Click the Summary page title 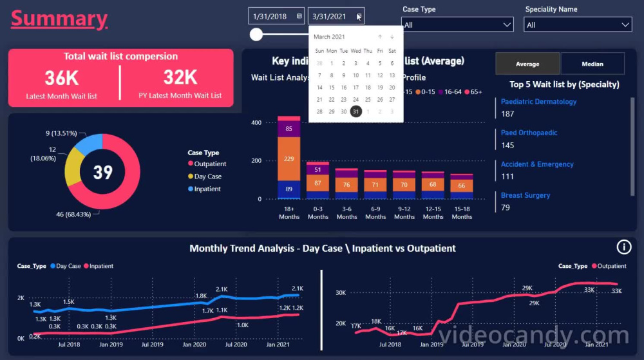pyautogui.click(x=59, y=19)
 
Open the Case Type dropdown pyautogui.click(x=457, y=25)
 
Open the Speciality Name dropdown pyautogui.click(x=578, y=25)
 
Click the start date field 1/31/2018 pyautogui.click(x=270, y=16)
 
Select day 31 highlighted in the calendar pyautogui.click(x=355, y=111)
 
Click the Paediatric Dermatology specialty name pyautogui.click(x=538, y=102)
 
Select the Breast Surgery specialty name pyautogui.click(x=526, y=195)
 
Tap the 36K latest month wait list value pyautogui.click(x=62, y=78)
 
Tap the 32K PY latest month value pyautogui.click(x=180, y=77)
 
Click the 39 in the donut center pyautogui.click(x=102, y=172)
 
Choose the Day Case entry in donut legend pyautogui.click(x=207, y=176)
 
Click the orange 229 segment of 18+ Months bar pyautogui.click(x=289, y=159)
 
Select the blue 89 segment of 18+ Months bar pyautogui.click(x=289, y=189)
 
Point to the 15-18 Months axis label pyautogui.click(x=462, y=213)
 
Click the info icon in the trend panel pyautogui.click(x=623, y=247)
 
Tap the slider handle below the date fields pyautogui.click(x=256, y=34)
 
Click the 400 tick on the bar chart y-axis pyautogui.click(x=256, y=122)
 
